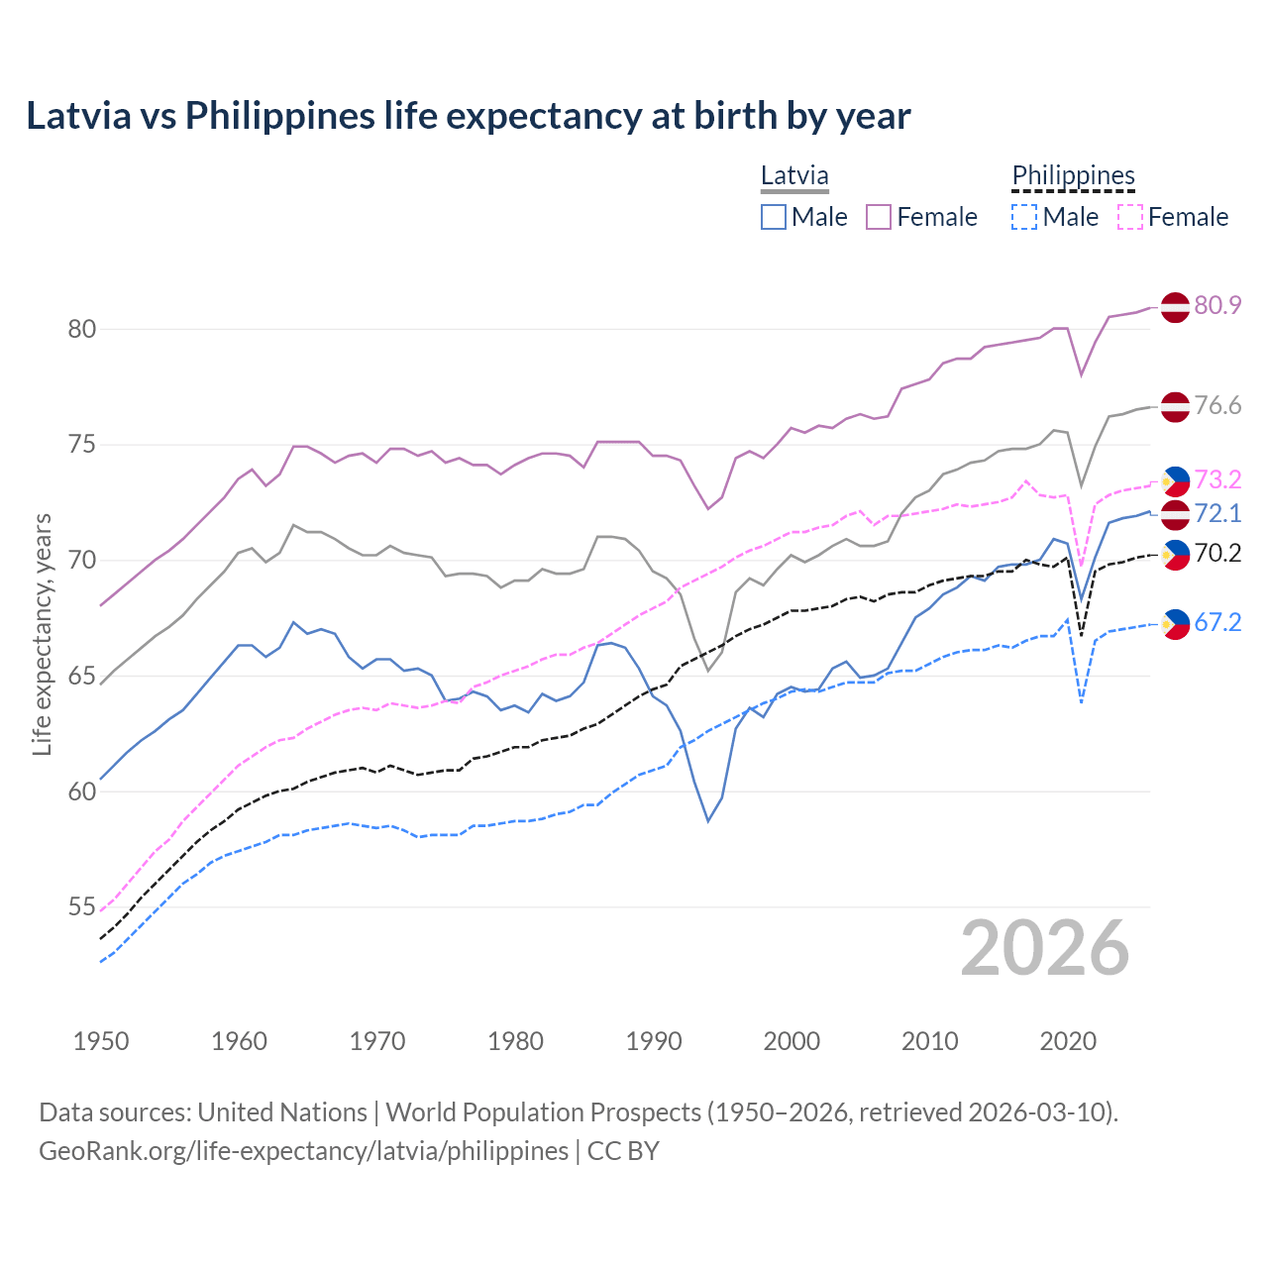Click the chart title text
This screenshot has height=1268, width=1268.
pos(468,116)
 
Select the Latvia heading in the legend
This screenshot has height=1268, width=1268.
pos(794,175)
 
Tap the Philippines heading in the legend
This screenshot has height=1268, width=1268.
pos(1073,175)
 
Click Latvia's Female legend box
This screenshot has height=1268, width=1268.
pos(879,217)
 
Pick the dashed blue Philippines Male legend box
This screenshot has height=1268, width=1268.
pos(1024,217)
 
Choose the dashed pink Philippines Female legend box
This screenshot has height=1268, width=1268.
pos(1129,217)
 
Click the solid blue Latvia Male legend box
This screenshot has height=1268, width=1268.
pos(774,217)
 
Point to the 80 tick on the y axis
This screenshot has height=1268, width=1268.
pos(81,329)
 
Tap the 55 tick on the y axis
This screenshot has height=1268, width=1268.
pos(81,907)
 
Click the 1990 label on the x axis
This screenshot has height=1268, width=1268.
pos(654,1041)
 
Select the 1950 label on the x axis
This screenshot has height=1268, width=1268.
pos(101,1041)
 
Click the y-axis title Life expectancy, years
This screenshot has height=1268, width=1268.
pos(43,634)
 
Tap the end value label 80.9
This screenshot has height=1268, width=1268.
pos(1217,305)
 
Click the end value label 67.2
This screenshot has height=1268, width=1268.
pos(1217,622)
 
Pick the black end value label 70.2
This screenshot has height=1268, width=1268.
pos(1217,553)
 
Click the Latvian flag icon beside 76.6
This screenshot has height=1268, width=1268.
pos(1174,406)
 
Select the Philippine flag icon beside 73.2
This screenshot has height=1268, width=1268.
pos(1174,480)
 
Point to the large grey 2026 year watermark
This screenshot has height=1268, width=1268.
pos(1044,948)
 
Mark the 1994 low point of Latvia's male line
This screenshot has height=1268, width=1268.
pos(708,820)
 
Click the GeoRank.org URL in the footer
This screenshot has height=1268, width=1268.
pos(303,1151)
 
